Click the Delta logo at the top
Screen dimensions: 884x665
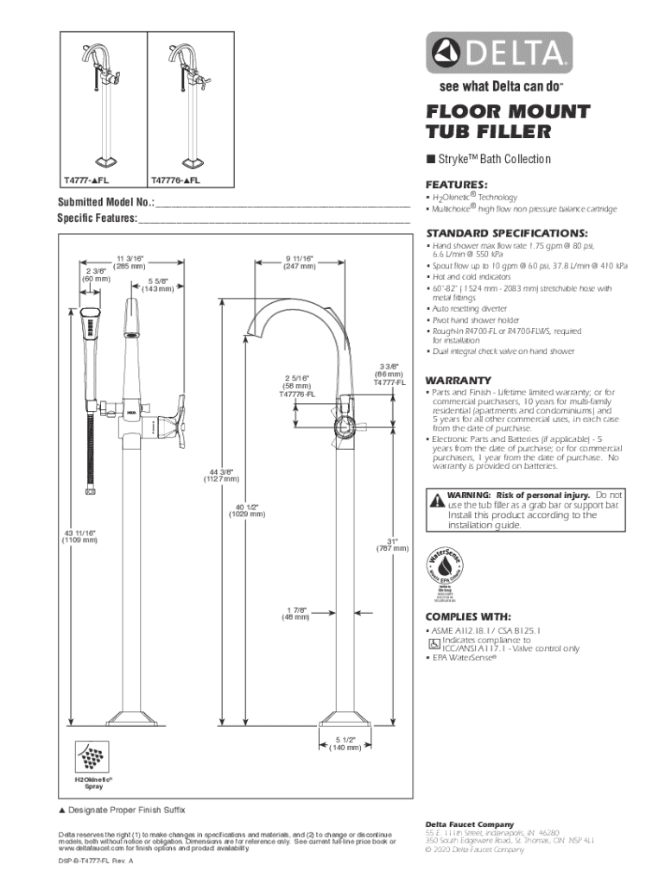pyautogui.click(x=497, y=54)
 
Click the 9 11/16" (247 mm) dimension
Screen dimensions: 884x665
pyautogui.click(x=299, y=262)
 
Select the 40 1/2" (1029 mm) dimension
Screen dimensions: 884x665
pyautogui.click(x=246, y=509)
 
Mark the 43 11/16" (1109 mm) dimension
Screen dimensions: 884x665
pyautogui.click(x=79, y=539)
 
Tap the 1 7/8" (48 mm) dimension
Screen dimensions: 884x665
pyautogui.click(x=296, y=614)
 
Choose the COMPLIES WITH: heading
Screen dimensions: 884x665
pyautogui.click(x=468, y=616)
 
